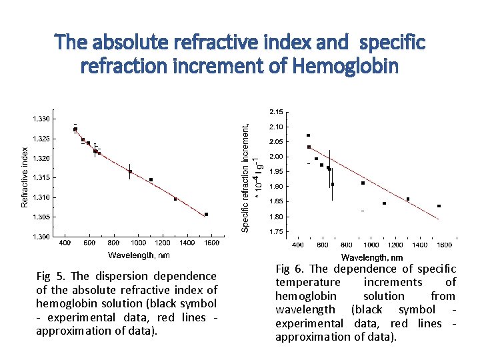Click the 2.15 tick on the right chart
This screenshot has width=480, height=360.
[275, 111]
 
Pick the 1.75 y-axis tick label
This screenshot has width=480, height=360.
[275, 231]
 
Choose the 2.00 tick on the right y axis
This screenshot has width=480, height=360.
[275, 157]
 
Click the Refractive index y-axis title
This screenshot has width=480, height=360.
[25, 177]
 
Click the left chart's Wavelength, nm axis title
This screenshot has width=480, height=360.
[139, 254]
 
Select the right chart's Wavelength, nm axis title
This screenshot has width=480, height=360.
[371, 257]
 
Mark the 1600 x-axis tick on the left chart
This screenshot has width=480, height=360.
[211, 243]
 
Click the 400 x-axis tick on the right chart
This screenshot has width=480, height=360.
[298, 245]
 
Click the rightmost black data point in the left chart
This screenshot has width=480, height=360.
[207, 214]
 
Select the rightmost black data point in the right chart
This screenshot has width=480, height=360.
[439, 206]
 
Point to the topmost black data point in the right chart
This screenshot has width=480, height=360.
[308, 135]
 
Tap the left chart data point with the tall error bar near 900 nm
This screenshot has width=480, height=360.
[130, 171]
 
